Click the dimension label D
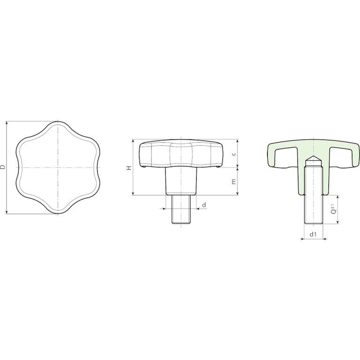tap(2, 167)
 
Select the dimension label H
tap(129, 168)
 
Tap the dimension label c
tap(234, 154)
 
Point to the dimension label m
tap(234, 181)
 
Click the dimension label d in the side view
tap(204, 204)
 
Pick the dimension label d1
tap(313, 234)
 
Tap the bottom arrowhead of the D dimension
tap(7, 212)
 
